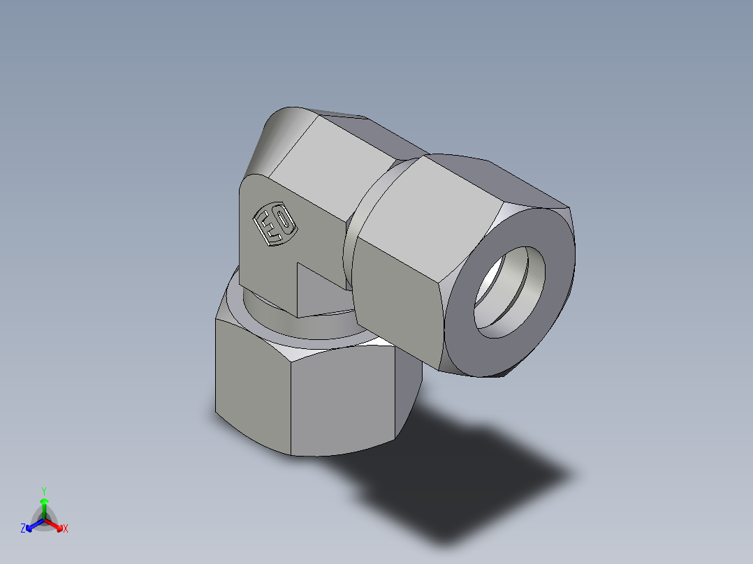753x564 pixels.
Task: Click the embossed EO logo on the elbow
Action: (274, 225)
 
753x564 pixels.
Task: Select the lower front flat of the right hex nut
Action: (398, 300)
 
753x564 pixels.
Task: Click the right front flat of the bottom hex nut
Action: (342, 401)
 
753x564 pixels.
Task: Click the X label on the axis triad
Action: (66, 529)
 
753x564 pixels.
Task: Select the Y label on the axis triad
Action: (44, 490)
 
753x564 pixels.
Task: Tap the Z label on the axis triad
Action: (23, 529)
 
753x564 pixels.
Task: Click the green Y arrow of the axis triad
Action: (44, 506)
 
